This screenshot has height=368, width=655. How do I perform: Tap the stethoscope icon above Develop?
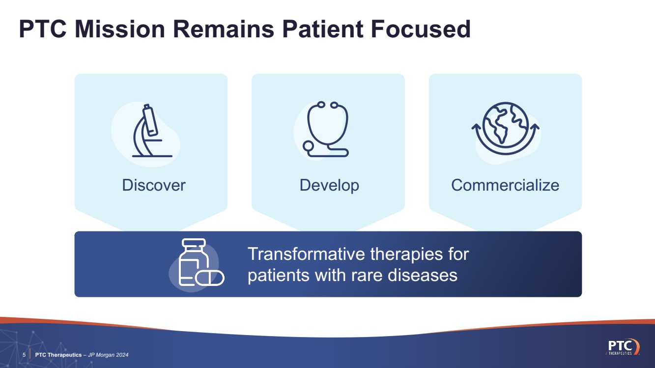tap(326, 129)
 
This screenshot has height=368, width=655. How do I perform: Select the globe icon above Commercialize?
tap(506, 128)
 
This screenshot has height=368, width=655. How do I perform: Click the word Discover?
tap(154, 185)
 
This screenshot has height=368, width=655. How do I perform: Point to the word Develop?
tap(329, 186)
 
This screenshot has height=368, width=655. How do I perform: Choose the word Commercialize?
tap(505, 185)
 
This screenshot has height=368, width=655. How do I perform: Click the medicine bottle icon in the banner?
tap(194, 261)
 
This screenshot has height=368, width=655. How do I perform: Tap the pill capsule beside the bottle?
tap(209, 278)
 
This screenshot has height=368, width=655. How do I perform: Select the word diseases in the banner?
tap(422, 275)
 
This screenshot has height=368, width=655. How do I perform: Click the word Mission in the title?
tap(120, 29)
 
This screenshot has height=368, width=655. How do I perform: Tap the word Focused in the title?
tap(421, 29)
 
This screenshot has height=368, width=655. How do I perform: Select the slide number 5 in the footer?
tap(24, 355)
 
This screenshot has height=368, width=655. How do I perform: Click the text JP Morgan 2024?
tap(108, 355)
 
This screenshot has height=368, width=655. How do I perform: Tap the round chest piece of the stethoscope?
tap(308, 146)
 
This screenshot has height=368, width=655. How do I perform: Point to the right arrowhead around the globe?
tap(535, 127)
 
